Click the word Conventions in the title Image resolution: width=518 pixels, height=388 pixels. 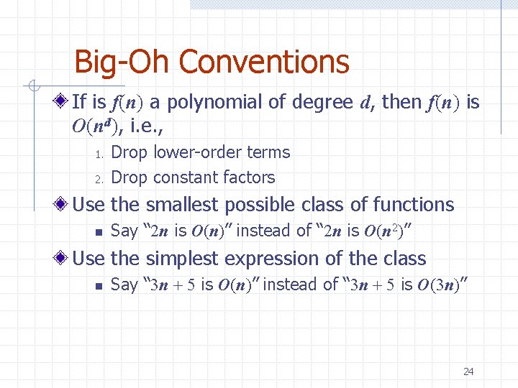pos(263,62)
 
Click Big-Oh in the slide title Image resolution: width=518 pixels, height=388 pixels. pos(122,62)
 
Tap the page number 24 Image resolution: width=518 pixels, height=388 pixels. pos(468,371)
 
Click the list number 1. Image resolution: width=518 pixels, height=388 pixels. pos(101,154)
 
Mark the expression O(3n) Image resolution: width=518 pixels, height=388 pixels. pos(443,285)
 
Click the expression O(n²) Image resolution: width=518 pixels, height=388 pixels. pos(394,231)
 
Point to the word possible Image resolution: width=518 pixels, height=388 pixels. pos(260,205)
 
